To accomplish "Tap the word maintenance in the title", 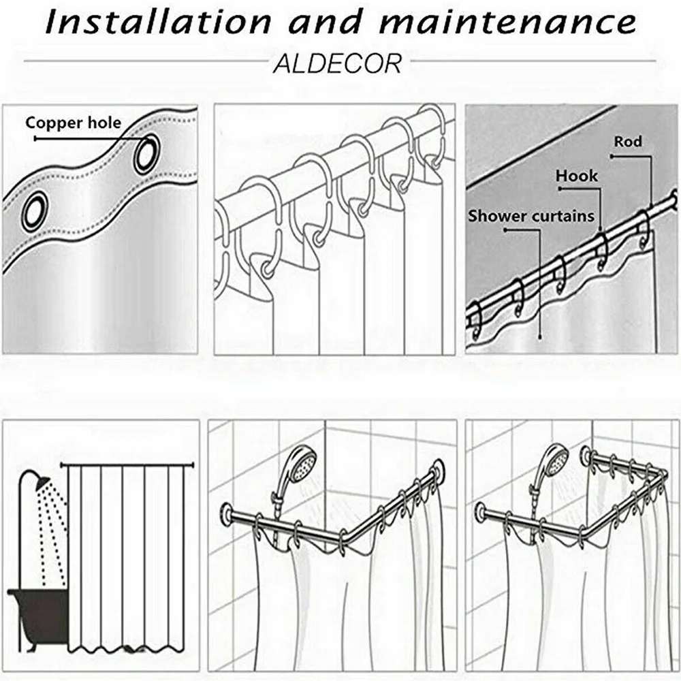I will click(x=509, y=22).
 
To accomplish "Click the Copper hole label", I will click(x=74, y=123).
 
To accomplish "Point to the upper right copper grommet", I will click(x=147, y=154).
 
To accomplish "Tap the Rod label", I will click(x=628, y=142).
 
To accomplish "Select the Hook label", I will click(x=577, y=176).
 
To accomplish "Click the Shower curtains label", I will click(x=531, y=216).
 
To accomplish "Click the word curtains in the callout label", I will click(x=563, y=216).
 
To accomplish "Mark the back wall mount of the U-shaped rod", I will click(x=585, y=454).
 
